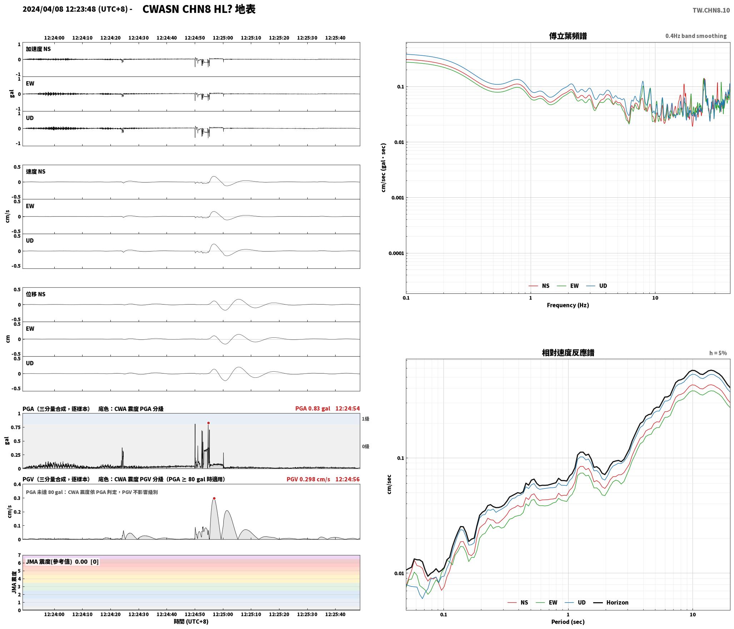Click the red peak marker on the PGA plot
[x=208, y=423]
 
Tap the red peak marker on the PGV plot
[x=214, y=498]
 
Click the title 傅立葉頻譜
[x=568, y=36]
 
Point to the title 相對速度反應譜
[x=568, y=353]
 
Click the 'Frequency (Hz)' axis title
[x=568, y=305]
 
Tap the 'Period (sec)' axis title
[x=568, y=622]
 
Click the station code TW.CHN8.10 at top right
[x=711, y=10]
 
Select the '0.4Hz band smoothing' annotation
[x=696, y=36]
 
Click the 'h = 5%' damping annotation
[x=718, y=353]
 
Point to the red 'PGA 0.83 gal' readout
[x=313, y=408]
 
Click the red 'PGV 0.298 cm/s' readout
[x=308, y=479]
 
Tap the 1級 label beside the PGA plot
[x=366, y=419]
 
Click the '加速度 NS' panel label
[x=38, y=49]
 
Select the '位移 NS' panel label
[x=36, y=294]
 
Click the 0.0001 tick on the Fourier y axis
[x=396, y=253]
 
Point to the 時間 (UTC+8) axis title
[x=191, y=621]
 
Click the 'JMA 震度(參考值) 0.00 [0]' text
[x=62, y=562]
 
